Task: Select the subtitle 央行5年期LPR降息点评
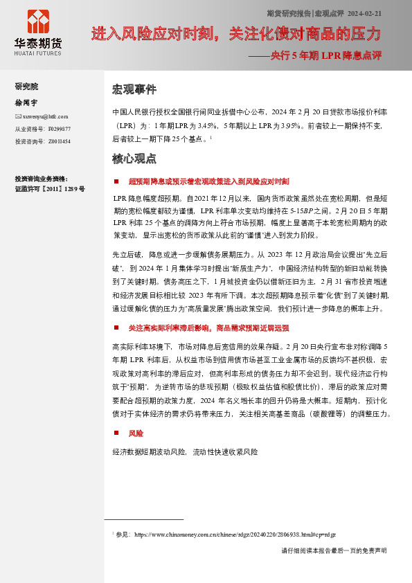point(325,55)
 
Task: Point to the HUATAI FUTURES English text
point(38,53)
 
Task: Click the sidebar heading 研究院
point(26,87)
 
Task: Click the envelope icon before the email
point(18,116)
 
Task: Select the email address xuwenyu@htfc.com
point(45,116)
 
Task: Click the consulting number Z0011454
point(59,141)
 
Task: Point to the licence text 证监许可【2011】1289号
point(50,188)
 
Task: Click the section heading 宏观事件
point(134,90)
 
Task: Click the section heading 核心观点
point(134,159)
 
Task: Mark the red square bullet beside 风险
point(116,433)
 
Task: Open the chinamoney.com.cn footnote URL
point(235,535)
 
